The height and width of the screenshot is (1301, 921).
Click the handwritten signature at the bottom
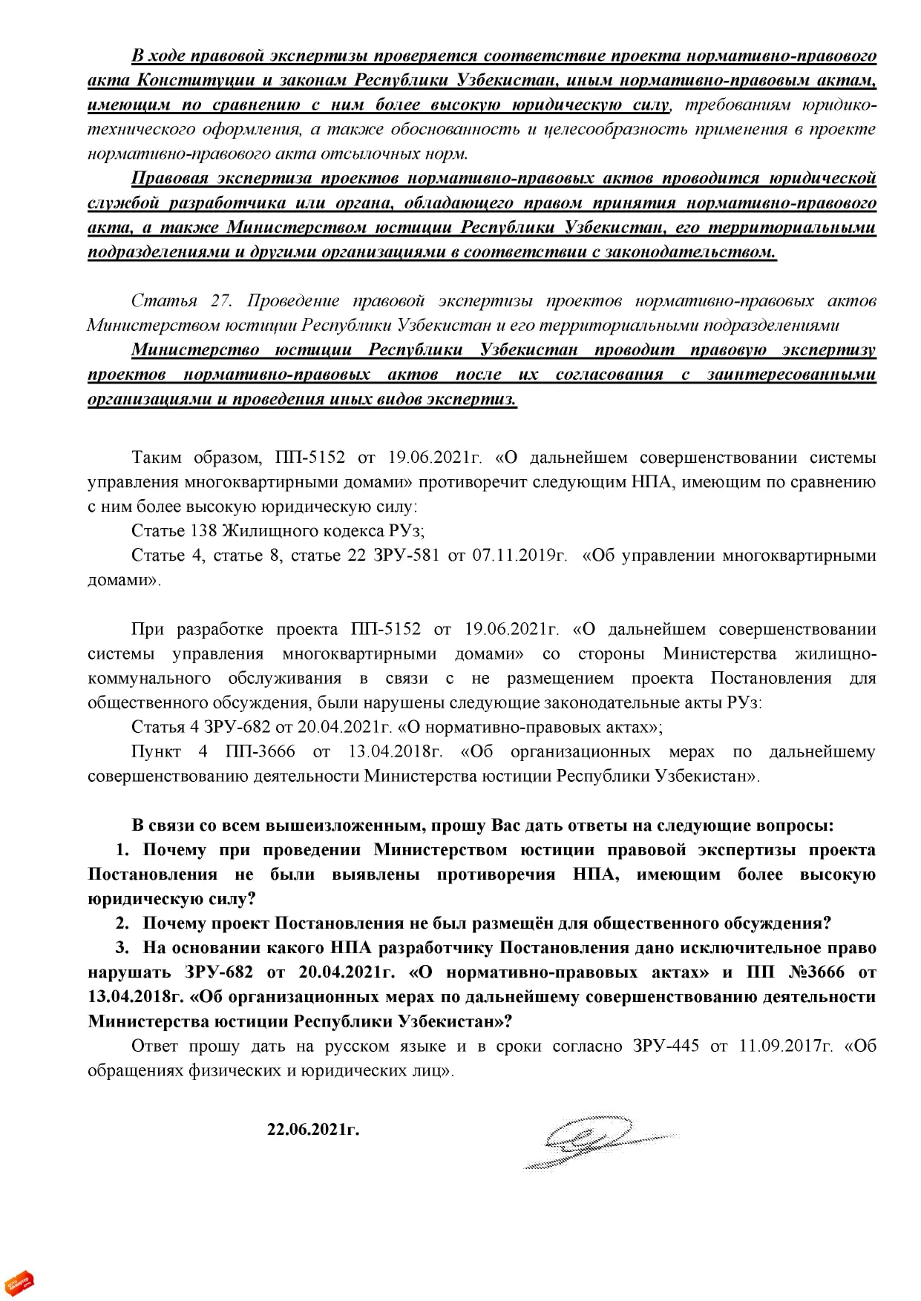tap(594, 1141)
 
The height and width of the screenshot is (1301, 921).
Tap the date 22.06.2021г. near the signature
tap(313, 1130)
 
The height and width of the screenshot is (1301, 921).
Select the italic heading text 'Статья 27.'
tap(181, 301)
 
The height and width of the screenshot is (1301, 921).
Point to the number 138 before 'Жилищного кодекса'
tap(203, 531)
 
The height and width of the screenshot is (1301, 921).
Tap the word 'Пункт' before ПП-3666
tap(156, 752)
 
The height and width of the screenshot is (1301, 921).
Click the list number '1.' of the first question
tap(122, 850)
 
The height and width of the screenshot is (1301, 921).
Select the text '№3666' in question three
tap(816, 972)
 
